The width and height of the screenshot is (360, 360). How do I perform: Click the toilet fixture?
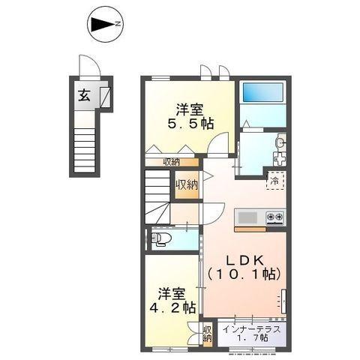tap(161, 239)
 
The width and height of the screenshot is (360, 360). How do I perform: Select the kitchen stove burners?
tap(274, 218)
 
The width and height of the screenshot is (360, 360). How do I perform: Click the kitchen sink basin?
tap(246, 218)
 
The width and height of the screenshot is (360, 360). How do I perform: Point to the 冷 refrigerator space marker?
tap(275, 181)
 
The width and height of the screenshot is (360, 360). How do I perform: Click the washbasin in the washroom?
tap(279, 142)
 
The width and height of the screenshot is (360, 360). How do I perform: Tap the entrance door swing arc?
tap(88, 67)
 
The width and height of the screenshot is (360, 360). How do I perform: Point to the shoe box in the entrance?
tap(104, 95)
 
